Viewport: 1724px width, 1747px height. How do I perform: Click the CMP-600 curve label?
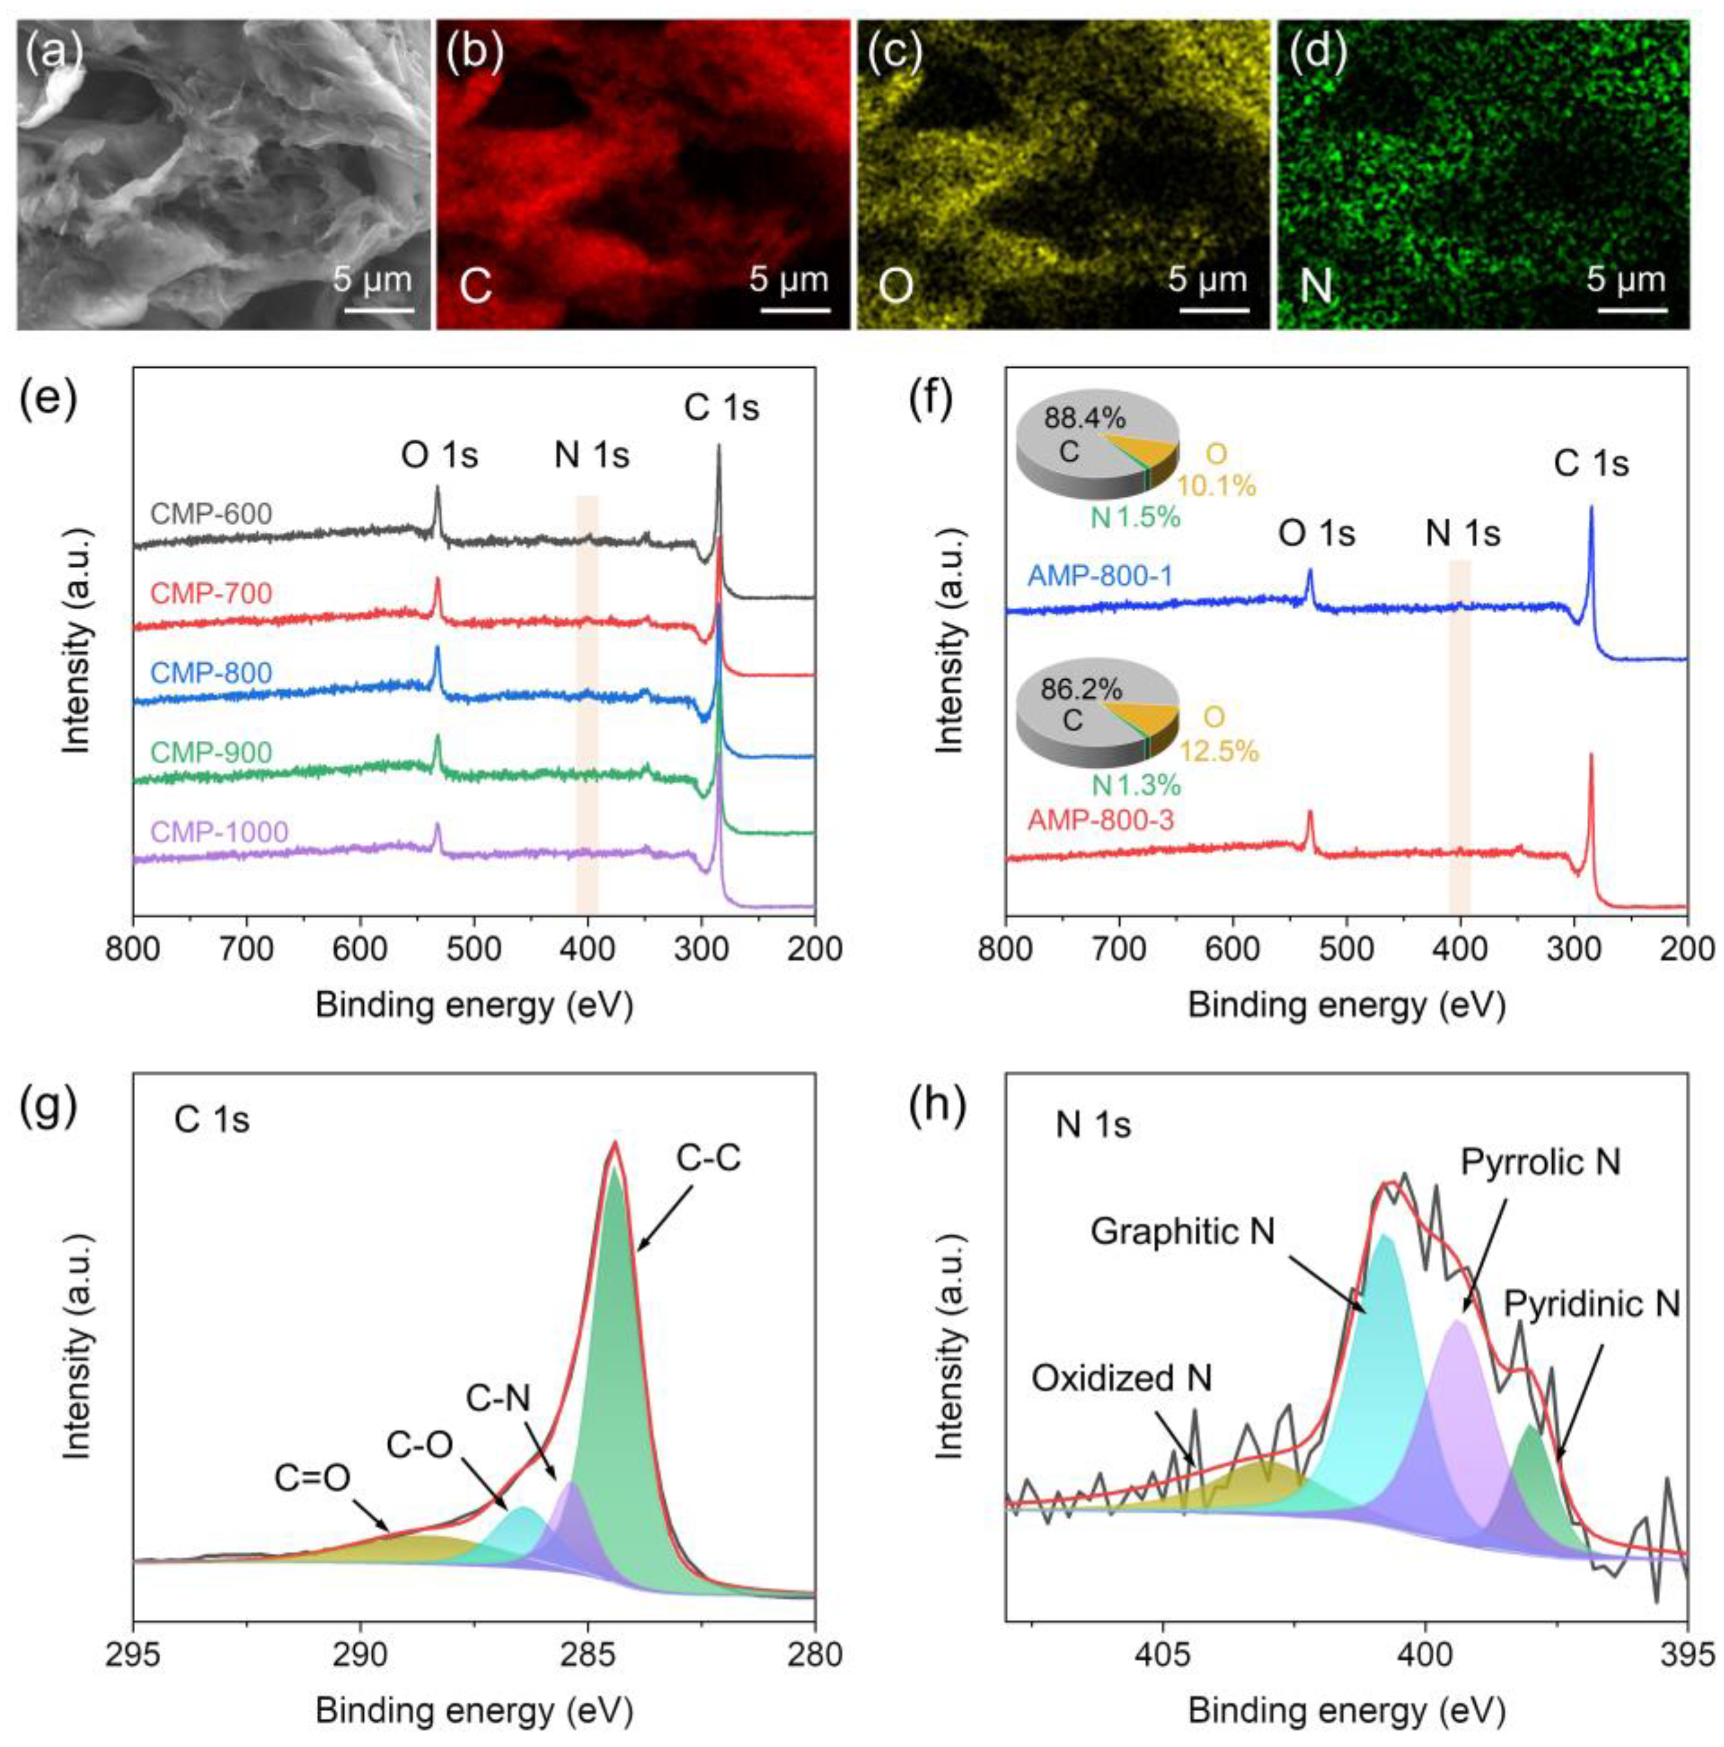coord(211,514)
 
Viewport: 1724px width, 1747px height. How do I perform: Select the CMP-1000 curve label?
coord(220,830)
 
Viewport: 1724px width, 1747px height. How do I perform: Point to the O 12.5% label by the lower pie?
coord(1217,734)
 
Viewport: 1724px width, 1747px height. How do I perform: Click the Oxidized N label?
coord(1122,1378)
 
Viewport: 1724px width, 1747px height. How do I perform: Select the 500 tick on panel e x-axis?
coord(474,949)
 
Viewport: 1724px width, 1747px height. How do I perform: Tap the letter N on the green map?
coord(1315,286)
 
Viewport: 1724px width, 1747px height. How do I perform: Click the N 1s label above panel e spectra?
coord(592,455)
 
